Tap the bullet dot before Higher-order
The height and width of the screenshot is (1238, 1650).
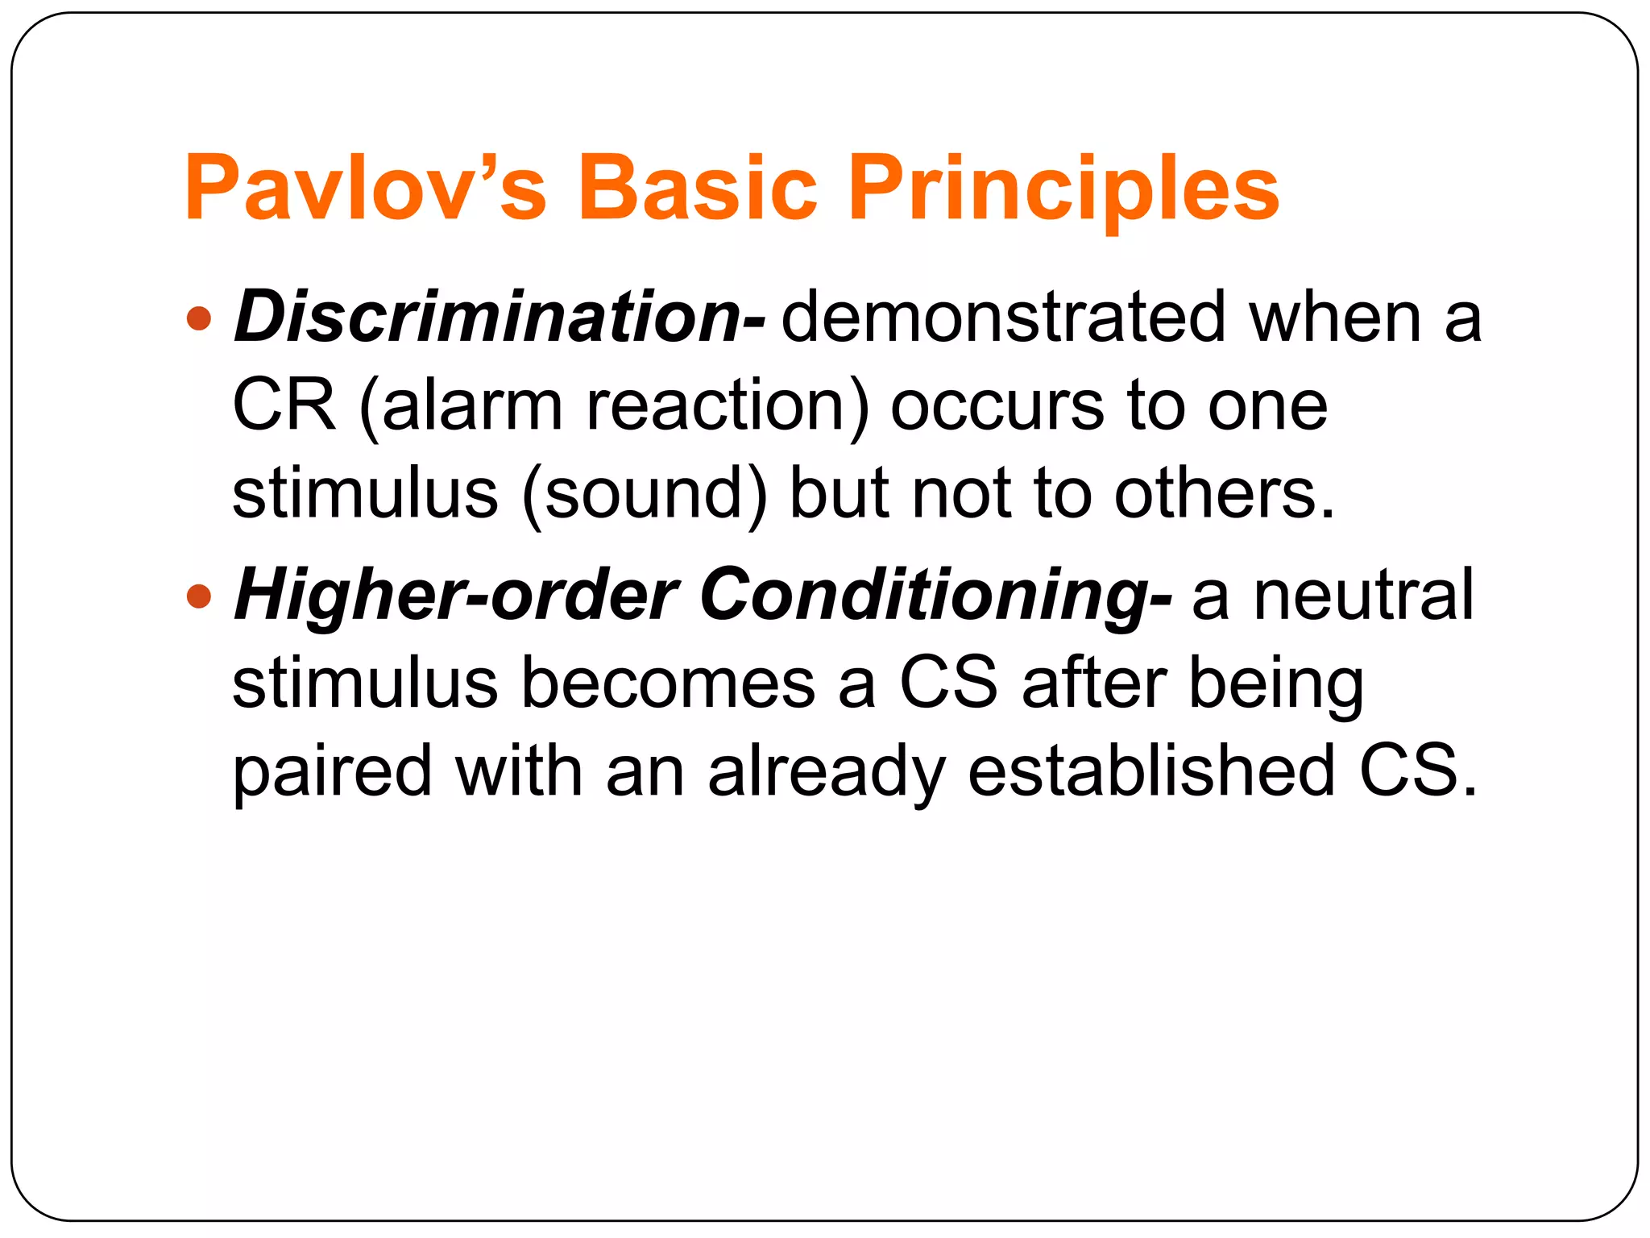coord(198,597)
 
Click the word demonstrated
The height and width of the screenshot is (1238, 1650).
coord(1004,317)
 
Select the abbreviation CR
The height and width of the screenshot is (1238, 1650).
coord(284,405)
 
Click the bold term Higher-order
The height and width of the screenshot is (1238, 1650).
coord(455,596)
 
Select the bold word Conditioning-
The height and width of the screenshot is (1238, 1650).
coord(935,597)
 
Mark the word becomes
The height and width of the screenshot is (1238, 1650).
coord(668,683)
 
